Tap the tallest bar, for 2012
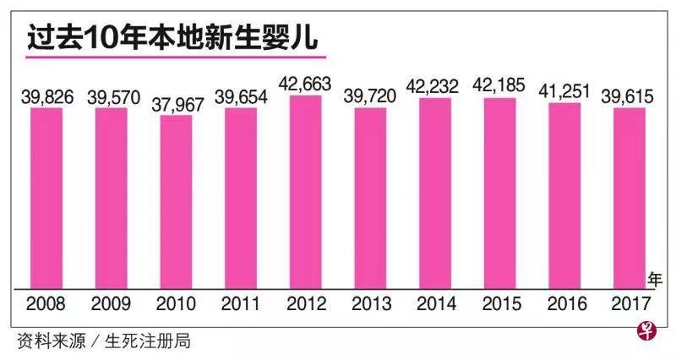pos(306,190)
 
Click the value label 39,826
pos(47,96)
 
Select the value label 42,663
pos(306,84)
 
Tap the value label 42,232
pos(435,88)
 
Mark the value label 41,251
pos(564,90)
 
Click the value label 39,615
pos(630,96)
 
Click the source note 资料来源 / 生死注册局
pos(103,341)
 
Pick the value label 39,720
pos(370,96)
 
